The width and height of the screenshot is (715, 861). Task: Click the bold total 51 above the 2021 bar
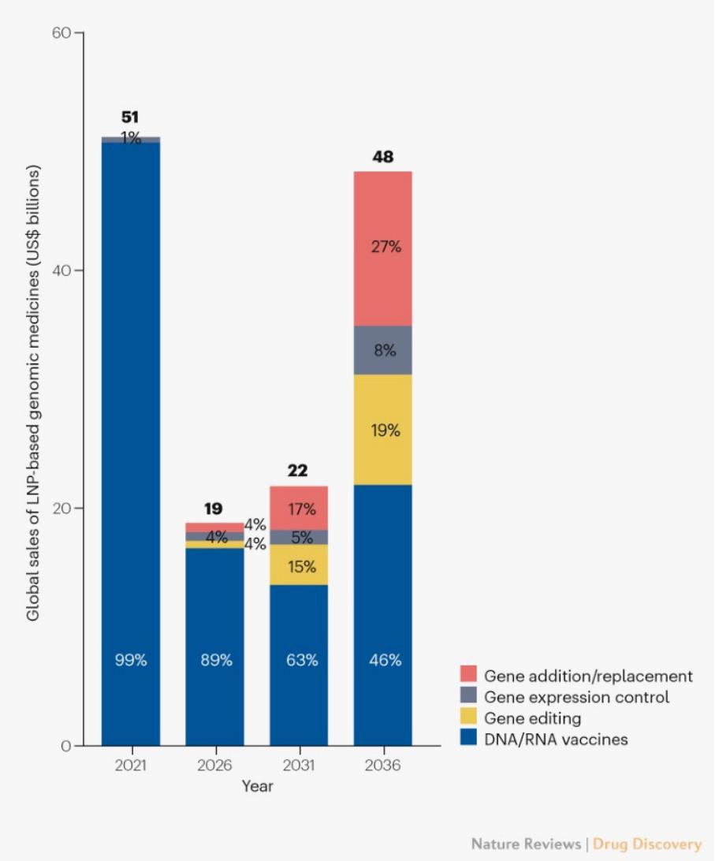point(130,117)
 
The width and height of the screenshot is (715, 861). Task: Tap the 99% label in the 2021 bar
point(130,661)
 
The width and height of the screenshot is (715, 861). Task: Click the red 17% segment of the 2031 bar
point(299,509)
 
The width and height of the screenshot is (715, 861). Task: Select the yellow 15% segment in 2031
point(299,566)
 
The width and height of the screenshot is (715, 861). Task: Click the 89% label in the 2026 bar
point(214,661)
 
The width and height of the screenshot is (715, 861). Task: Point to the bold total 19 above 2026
point(214,509)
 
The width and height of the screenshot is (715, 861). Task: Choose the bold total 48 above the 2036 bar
point(382,157)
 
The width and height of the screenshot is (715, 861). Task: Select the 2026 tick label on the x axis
point(214,766)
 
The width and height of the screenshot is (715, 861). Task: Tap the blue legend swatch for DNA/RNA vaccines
point(467,740)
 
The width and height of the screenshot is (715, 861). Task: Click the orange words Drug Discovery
point(646,844)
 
